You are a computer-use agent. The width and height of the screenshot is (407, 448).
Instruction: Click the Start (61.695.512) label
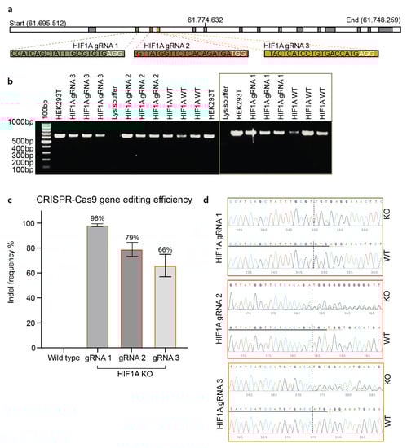pyautogui.click(x=39, y=9)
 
